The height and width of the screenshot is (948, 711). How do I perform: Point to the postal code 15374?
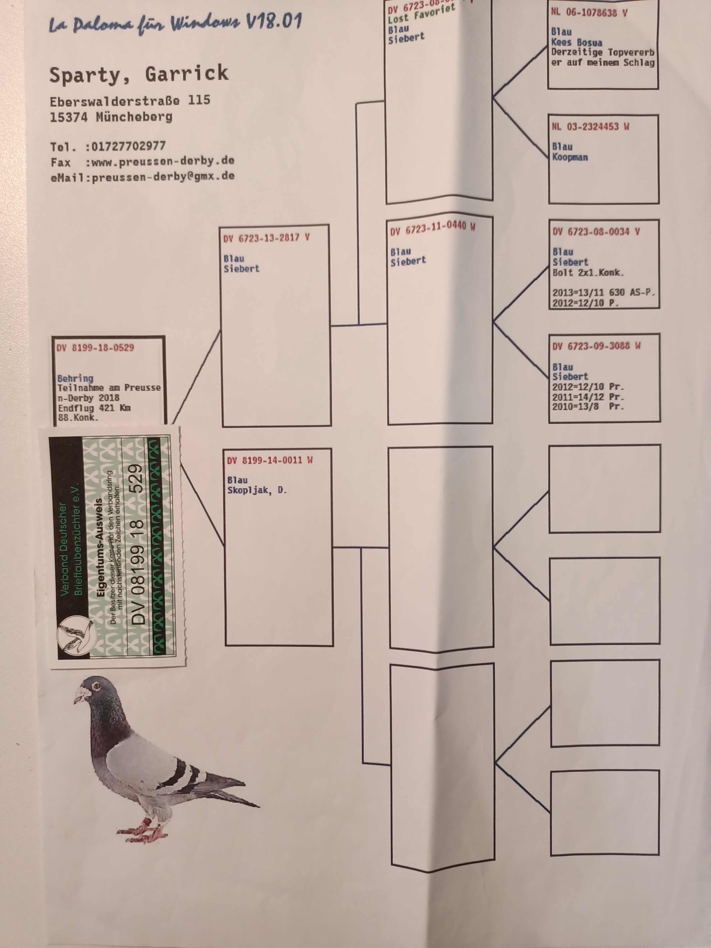(70, 117)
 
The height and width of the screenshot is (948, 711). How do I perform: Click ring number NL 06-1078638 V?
(589, 13)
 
